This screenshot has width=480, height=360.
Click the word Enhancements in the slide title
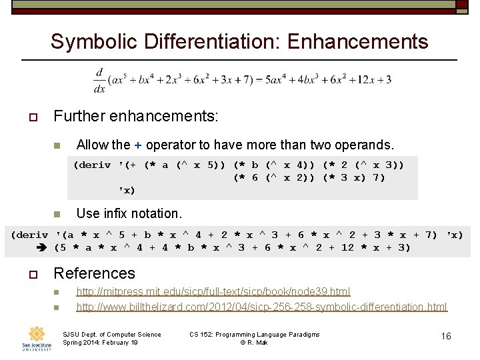(x=357, y=41)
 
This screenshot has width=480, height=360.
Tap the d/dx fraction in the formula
(x=100, y=79)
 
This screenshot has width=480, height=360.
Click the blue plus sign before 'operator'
(x=138, y=145)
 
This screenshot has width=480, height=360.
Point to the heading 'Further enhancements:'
(x=135, y=116)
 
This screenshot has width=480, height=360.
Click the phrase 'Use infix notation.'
(x=129, y=213)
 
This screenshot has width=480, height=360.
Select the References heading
(x=94, y=273)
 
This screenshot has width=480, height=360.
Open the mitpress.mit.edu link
(x=213, y=291)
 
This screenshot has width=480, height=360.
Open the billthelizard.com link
(x=261, y=307)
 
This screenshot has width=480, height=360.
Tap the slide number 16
(x=446, y=336)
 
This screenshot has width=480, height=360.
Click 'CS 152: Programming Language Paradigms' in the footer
(x=254, y=335)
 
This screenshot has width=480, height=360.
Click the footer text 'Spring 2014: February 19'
(x=100, y=343)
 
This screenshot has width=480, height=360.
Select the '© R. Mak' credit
(x=255, y=343)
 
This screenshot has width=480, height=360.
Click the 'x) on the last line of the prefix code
(x=127, y=191)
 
